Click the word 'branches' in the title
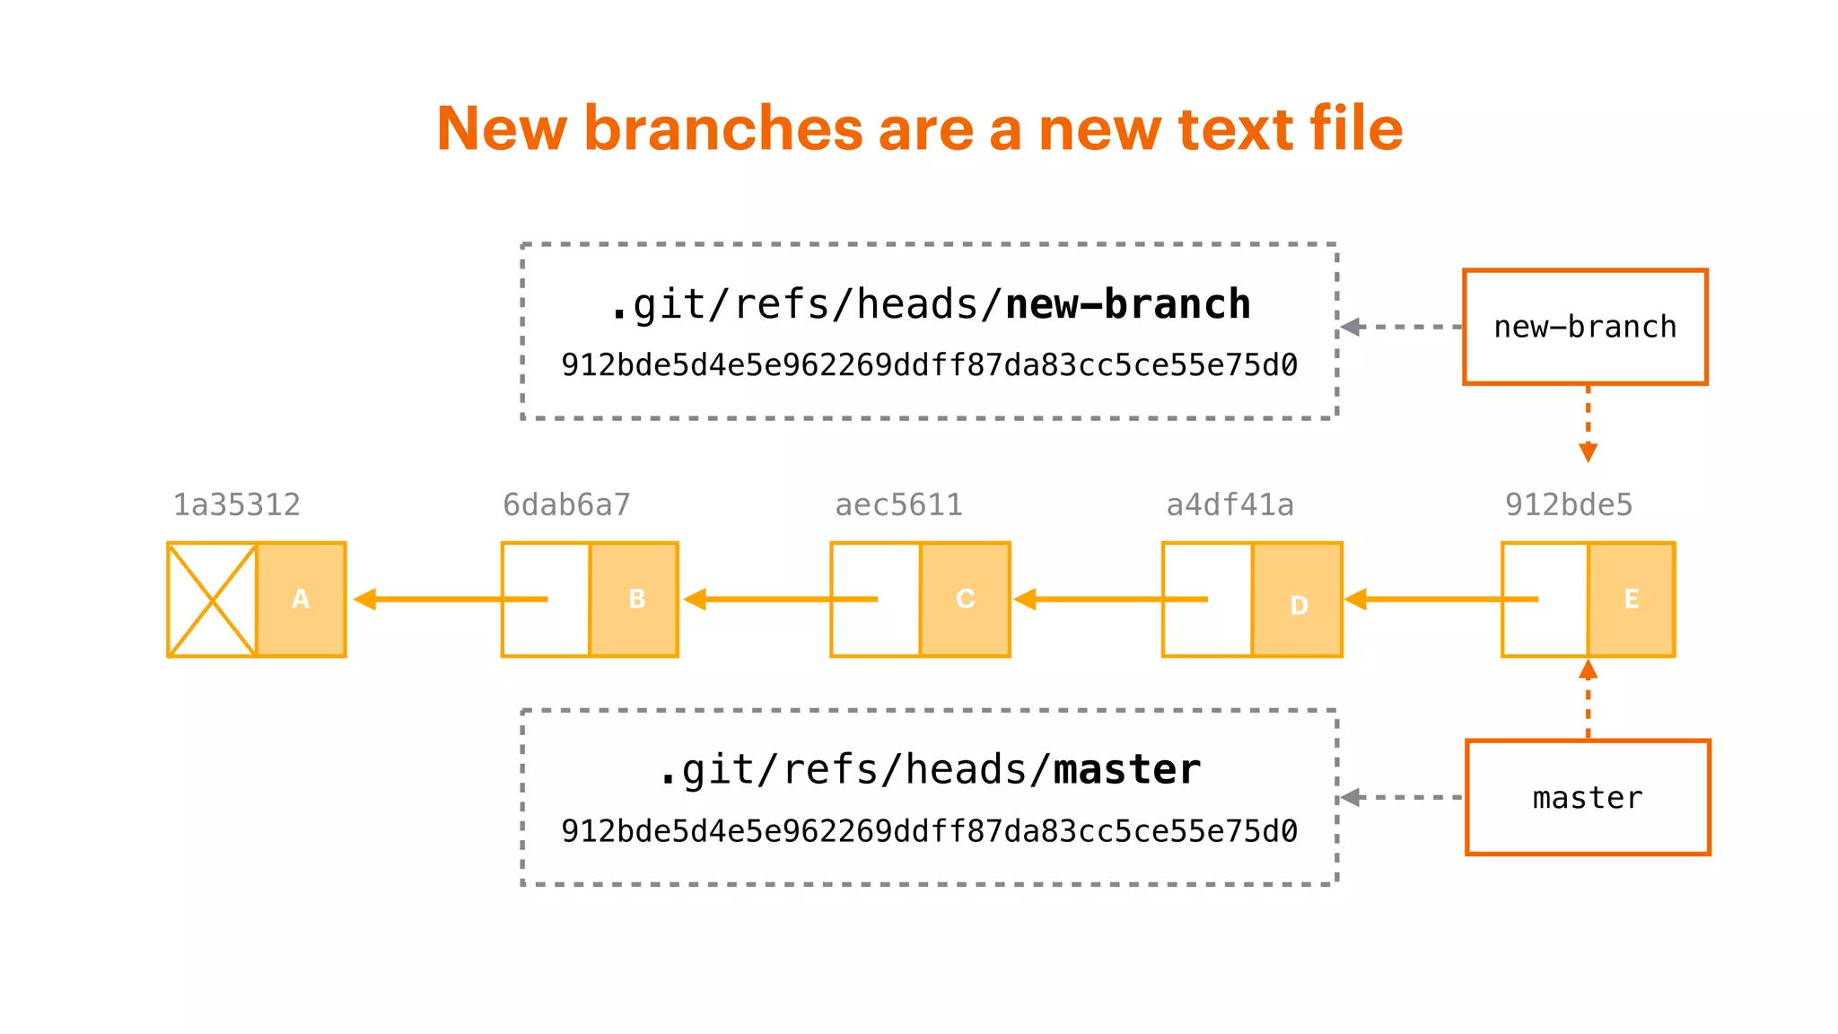tap(723, 128)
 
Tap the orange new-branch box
tap(1585, 327)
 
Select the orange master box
tap(1587, 797)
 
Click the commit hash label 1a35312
tap(236, 505)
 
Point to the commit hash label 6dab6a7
tap(566, 505)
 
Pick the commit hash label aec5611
tap(898, 505)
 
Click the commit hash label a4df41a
tap(1230, 505)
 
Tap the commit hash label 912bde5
tap(1568, 505)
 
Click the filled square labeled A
tap(301, 600)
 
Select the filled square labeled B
tap(635, 600)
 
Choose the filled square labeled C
tap(965, 600)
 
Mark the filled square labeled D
tap(1298, 600)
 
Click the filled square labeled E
tap(1631, 600)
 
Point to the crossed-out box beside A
tap(212, 600)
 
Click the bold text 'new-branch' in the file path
tap(1127, 305)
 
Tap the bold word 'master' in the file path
tap(1126, 770)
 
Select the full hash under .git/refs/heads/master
tap(929, 831)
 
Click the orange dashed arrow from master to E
tap(1588, 700)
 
